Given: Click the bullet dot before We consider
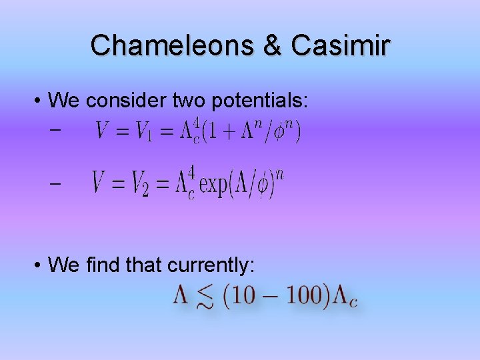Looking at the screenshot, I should [39, 101].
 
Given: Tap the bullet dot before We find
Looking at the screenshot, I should [39, 265].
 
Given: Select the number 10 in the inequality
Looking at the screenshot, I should [243, 295].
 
